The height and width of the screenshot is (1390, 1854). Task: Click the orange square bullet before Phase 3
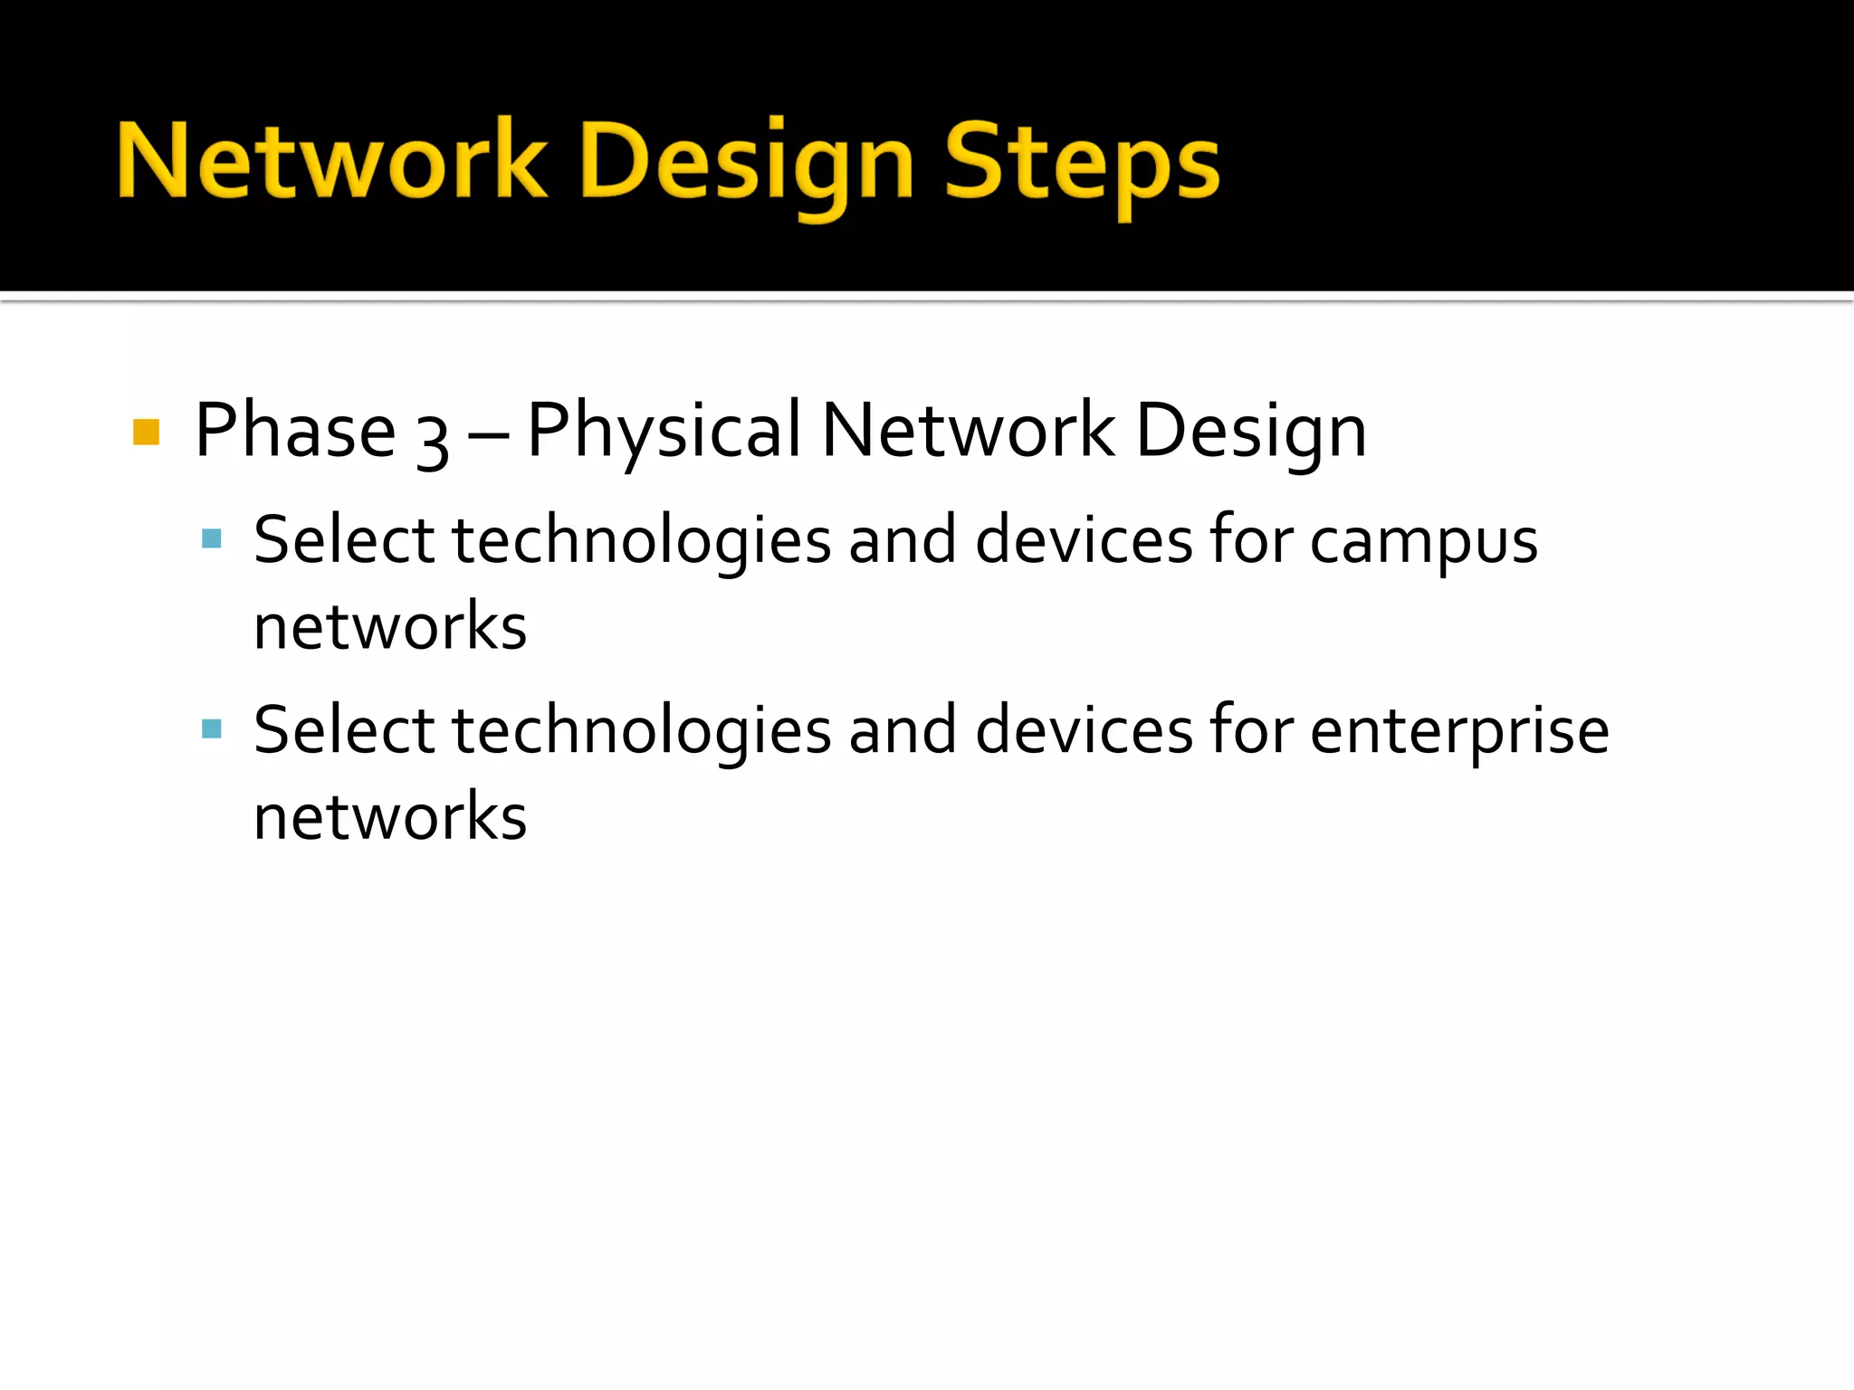click(x=146, y=432)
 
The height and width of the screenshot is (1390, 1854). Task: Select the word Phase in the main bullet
click(x=295, y=431)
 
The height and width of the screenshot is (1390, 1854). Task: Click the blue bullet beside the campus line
click(x=212, y=539)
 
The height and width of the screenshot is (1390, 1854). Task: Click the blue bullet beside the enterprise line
click(x=212, y=728)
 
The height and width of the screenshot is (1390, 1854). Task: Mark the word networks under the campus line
click(x=390, y=627)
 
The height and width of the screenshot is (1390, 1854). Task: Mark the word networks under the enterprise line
click(x=390, y=817)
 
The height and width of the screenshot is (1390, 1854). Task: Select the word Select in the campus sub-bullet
click(x=344, y=540)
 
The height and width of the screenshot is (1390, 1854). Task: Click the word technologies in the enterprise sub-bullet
click(x=641, y=731)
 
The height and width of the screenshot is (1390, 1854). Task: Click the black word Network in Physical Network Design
click(x=968, y=431)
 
